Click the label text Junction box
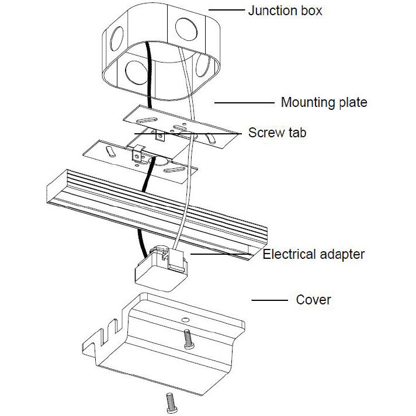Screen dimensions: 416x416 click(285, 11)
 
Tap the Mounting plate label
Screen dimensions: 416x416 click(324, 102)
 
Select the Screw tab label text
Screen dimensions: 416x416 click(277, 133)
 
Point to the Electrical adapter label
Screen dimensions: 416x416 click(314, 254)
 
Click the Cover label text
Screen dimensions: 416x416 click(313, 300)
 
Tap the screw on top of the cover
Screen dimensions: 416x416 click(188, 338)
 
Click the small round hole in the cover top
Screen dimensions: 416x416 click(185, 321)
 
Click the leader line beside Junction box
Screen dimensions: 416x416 click(226, 10)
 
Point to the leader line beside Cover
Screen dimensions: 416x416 click(269, 300)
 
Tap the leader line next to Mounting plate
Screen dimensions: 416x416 click(244, 102)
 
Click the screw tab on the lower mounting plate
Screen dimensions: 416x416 click(138, 157)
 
